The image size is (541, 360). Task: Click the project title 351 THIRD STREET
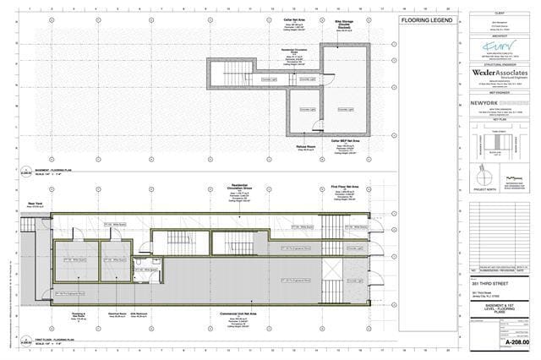pos(487,285)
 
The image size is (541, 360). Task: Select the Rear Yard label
pos(35,202)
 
